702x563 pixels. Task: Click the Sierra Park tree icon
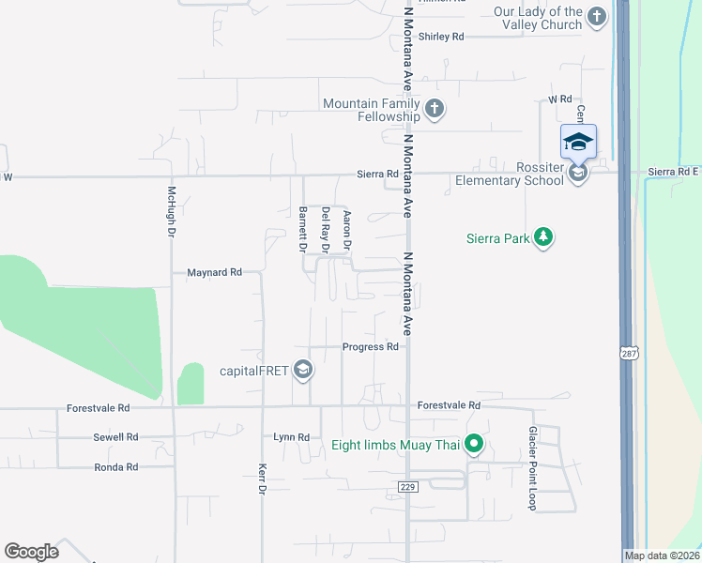[542, 238]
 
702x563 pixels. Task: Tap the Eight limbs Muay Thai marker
[475, 444]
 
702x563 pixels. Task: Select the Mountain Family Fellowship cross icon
[434, 110]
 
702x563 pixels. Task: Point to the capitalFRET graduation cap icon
[302, 371]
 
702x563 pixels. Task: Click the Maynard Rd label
[215, 272]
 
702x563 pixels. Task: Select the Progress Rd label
[371, 346]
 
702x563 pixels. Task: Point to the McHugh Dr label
[172, 209]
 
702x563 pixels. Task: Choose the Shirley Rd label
[442, 37]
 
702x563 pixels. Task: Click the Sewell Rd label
[115, 437]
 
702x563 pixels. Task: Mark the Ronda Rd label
[116, 466]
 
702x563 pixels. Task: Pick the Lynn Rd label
[291, 437]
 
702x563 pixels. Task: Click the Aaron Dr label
[347, 230]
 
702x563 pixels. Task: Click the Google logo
[31, 552]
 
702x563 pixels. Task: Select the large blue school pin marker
[578, 144]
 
